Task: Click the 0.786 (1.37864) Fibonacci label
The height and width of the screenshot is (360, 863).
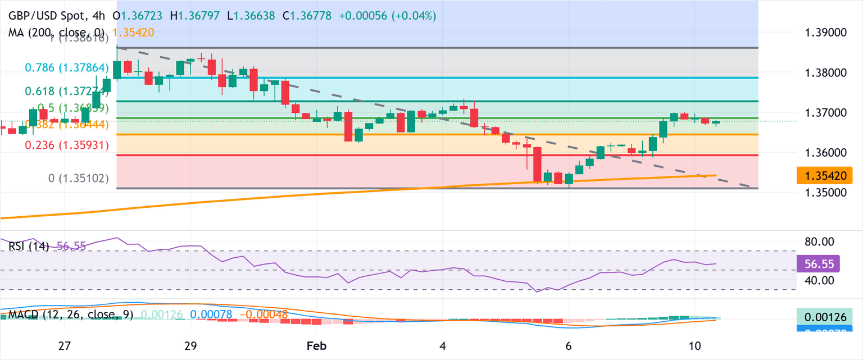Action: pyautogui.click(x=66, y=67)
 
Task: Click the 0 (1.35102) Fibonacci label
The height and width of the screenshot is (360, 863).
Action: pyautogui.click(x=86, y=179)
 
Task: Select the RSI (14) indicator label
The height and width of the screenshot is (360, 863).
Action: pyautogui.click(x=29, y=246)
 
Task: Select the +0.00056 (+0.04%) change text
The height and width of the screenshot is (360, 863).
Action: pyautogui.click(x=387, y=16)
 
